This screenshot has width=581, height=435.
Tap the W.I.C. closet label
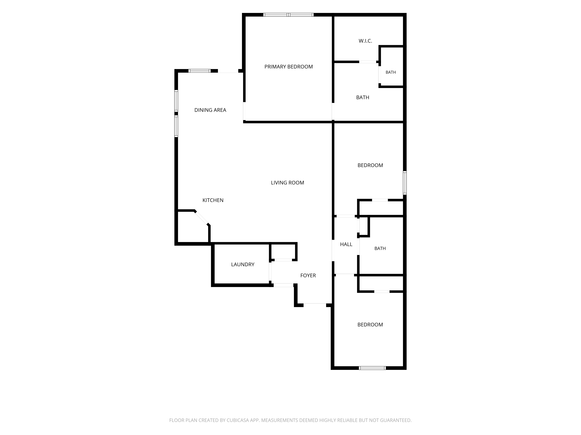coord(365,41)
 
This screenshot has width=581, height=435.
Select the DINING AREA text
coord(210,110)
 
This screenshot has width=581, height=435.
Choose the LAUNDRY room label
coord(243,265)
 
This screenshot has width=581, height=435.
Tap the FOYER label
coord(308,276)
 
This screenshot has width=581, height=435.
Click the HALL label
coord(346,244)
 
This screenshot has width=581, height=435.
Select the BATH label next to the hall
coord(380,249)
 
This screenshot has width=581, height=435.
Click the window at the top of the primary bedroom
coord(288,15)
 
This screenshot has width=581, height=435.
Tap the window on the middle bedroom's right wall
coord(405,183)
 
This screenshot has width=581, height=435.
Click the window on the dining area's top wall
coord(200,71)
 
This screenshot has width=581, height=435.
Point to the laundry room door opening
coord(270,271)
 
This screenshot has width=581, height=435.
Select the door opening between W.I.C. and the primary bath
coord(368,62)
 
